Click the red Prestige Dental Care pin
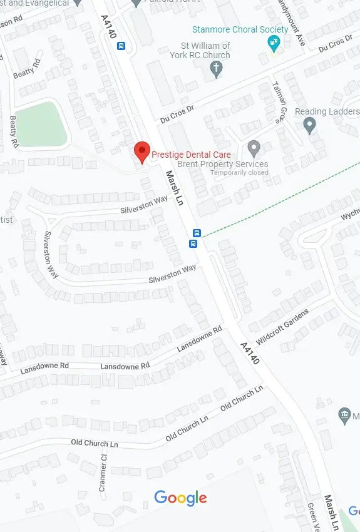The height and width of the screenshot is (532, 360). coord(142,151)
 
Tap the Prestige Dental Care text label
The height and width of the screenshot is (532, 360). coord(192,155)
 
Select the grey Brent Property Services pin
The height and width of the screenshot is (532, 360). coord(254,148)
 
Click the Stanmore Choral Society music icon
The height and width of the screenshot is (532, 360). coord(273,43)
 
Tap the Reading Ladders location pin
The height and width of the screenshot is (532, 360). coord(309,125)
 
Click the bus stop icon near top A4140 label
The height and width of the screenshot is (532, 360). coord(121,46)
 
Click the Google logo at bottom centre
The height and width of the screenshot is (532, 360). coord(180,498)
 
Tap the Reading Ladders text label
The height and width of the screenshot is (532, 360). coord(327,111)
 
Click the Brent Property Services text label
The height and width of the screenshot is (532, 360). coord(223,164)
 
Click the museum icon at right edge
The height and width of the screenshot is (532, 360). coord(344,415)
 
